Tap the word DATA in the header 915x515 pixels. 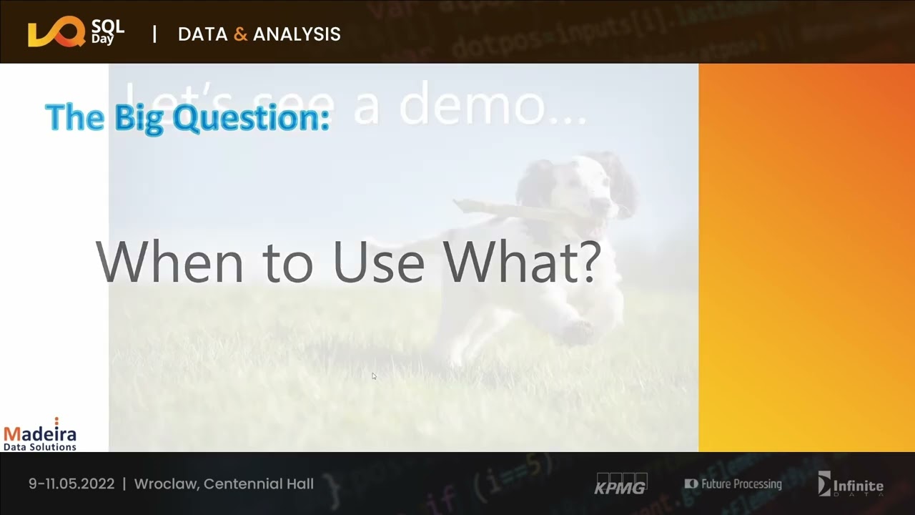coord(203,34)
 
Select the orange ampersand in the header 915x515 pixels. coord(241,34)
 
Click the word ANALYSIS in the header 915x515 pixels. coord(297,34)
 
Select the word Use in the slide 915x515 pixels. coord(378,262)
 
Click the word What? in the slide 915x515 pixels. coord(522,262)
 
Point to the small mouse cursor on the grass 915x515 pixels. coord(373,376)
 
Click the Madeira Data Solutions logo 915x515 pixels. coord(40,435)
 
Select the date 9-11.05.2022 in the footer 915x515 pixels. coord(71,484)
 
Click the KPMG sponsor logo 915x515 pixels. coord(620,484)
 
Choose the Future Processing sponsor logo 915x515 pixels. coord(733,484)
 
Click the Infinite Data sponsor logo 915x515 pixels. coord(851,484)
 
